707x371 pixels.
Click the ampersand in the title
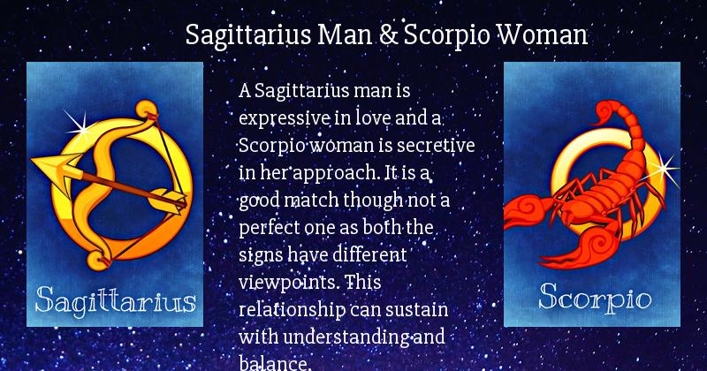coord(388,34)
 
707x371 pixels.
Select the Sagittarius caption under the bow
coord(116,300)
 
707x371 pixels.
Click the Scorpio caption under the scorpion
coord(595,298)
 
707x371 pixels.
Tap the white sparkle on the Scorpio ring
coord(662,170)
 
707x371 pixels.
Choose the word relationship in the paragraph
coord(293,310)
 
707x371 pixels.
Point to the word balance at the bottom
coord(274,362)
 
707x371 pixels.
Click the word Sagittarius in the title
coord(248,35)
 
